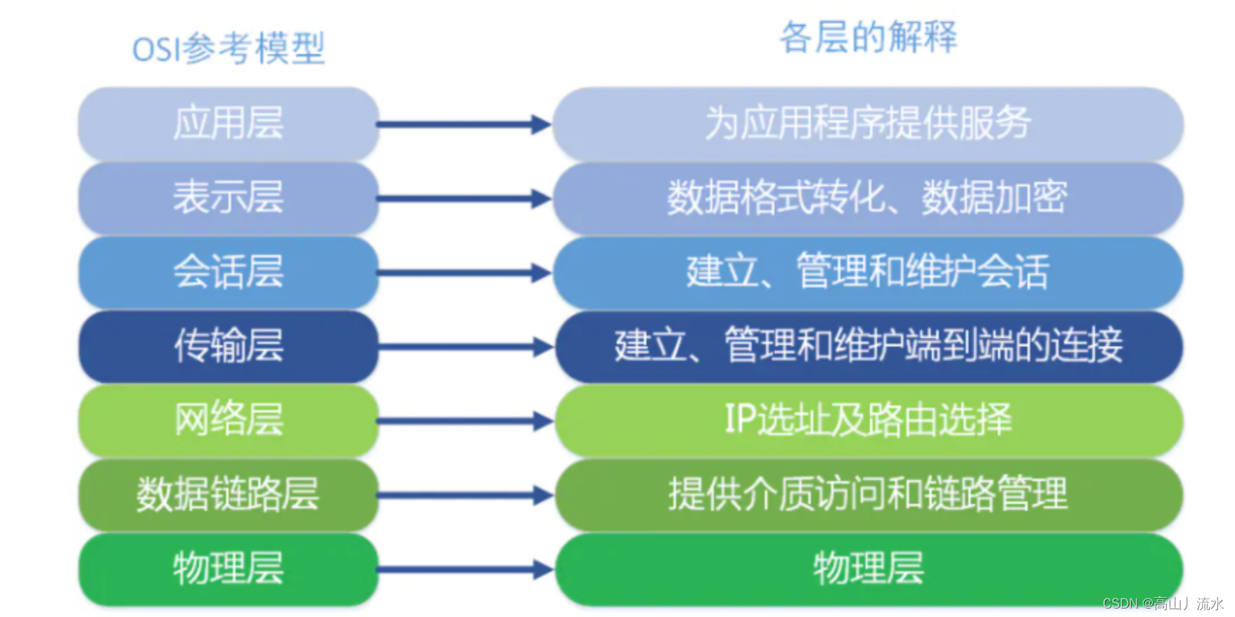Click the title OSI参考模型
229,49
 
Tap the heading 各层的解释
868,37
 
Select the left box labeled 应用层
229,124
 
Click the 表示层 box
229,197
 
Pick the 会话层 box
229,272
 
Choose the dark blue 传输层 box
229,346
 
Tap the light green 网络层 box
229,420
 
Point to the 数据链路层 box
229,494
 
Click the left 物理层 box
229,569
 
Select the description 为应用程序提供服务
868,124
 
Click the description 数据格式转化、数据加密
868,197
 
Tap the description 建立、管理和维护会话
868,272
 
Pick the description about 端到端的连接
868,346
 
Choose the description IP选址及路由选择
868,420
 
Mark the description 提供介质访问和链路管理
868,494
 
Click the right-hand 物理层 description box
868,569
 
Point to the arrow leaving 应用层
464,125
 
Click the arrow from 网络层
464,422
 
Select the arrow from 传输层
464,347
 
